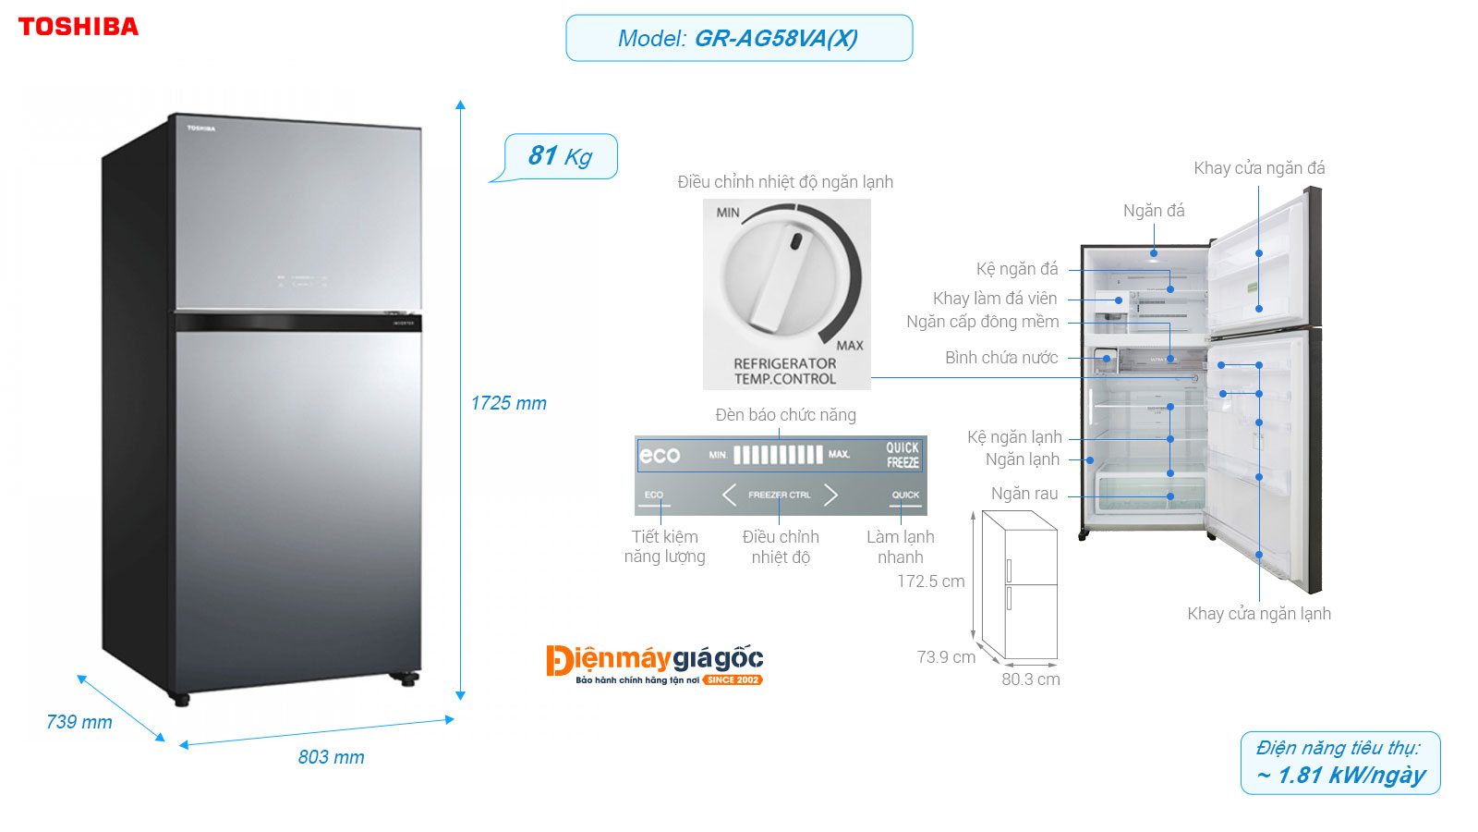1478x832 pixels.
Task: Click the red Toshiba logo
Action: pos(79,27)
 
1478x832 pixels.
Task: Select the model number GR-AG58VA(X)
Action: pos(775,39)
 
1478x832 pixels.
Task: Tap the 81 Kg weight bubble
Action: pos(561,156)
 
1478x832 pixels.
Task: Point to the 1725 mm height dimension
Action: pos(508,403)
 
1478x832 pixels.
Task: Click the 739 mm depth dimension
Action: pos(79,722)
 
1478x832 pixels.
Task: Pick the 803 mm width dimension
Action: pos(331,757)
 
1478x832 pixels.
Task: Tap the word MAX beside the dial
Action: pos(850,345)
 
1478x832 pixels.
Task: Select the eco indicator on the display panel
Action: pos(660,455)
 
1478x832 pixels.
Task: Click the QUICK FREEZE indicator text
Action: pos(903,455)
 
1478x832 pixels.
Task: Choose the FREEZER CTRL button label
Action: pos(779,496)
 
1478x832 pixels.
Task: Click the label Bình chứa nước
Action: pos(1001,358)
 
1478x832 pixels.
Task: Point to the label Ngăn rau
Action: pos(1024,494)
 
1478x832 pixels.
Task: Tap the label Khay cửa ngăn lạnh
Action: pos(1259,614)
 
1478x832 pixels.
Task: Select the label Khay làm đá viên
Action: pos(995,299)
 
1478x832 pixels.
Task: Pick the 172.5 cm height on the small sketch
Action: pos(930,581)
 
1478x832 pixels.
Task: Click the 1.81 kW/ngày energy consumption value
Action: pos(1341,775)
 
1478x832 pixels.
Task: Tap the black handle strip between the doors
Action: pos(297,323)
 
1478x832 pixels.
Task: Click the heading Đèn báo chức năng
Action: pos(785,415)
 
